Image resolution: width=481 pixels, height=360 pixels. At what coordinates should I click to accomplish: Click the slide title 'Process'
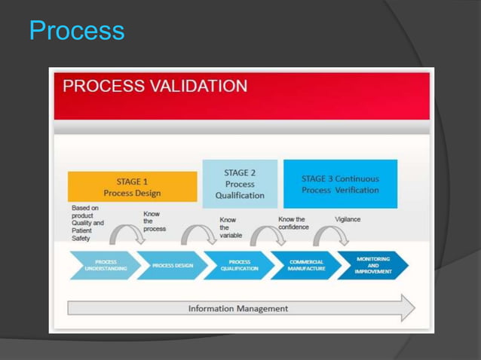(76, 31)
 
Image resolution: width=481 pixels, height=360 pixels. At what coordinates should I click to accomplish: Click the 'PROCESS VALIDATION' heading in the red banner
(155, 86)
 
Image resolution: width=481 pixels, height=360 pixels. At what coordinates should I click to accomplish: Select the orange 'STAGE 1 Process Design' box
(132, 187)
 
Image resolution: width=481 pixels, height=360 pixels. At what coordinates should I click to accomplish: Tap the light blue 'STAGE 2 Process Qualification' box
(240, 184)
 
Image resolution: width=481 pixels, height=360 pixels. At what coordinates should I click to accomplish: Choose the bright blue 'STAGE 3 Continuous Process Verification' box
(340, 185)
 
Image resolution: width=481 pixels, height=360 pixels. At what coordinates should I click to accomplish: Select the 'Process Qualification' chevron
(239, 266)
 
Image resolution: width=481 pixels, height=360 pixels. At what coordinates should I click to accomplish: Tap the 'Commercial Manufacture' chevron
(306, 266)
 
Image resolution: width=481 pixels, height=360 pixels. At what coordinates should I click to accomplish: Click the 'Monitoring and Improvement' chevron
(372, 265)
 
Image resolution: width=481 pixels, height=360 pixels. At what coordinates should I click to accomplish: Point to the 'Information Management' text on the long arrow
(237, 308)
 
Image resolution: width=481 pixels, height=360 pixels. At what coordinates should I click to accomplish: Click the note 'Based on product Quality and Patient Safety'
(88, 223)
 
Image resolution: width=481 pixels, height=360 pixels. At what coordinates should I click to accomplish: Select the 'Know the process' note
(154, 221)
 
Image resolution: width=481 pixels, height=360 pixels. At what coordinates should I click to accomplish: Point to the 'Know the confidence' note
(293, 223)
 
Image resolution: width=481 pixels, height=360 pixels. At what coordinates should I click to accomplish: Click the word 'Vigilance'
(348, 219)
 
